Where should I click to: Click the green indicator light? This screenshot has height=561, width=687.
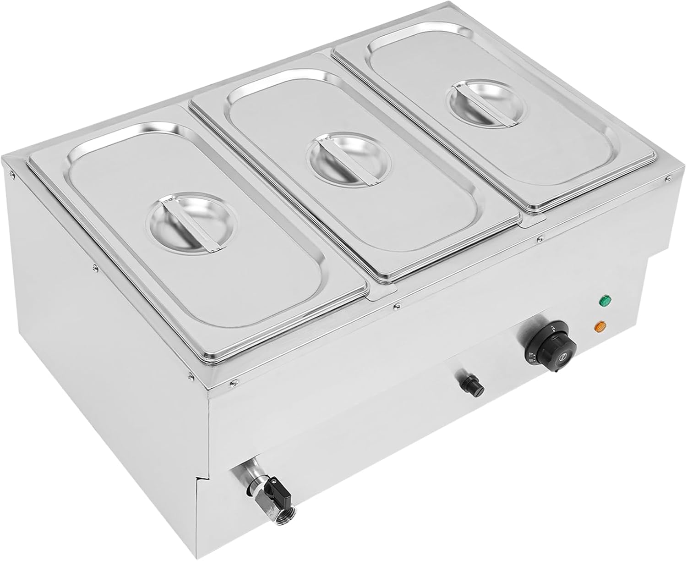[605, 302]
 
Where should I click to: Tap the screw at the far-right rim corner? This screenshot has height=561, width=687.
[669, 177]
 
